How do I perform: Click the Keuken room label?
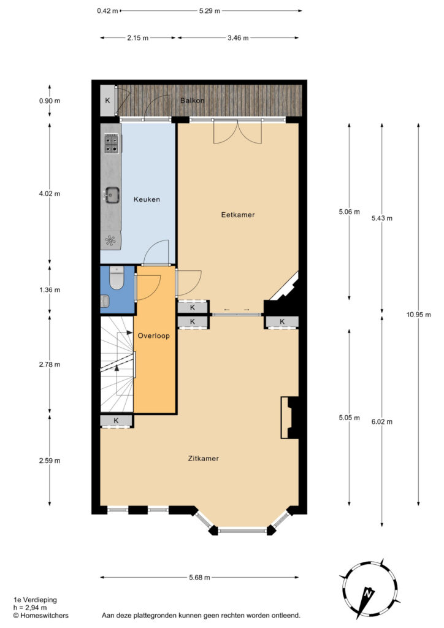click(147, 199)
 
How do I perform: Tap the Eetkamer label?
click(238, 215)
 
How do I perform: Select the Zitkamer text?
click(204, 459)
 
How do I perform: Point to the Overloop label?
click(154, 335)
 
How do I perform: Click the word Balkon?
click(192, 101)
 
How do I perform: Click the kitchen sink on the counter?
click(111, 196)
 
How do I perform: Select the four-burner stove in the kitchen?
click(111, 144)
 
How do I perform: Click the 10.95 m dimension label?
click(419, 315)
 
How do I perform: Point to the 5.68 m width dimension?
click(199, 578)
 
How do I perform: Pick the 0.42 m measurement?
click(107, 11)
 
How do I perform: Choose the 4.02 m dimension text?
click(50, 194)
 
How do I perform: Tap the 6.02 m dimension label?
click(382, 422)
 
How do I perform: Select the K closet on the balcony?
click(107, 101)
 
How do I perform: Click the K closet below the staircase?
click(116, 421)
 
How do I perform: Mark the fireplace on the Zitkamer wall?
click(290, 418)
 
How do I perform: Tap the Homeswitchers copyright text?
click(41, 616)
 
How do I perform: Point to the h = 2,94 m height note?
click(30, 608)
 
